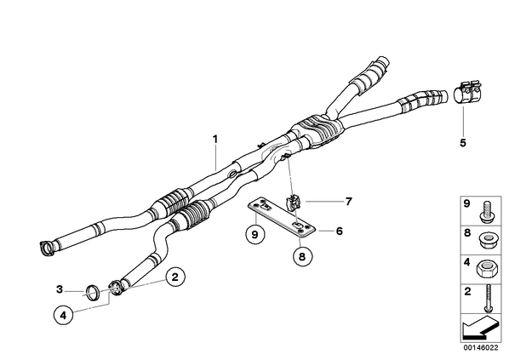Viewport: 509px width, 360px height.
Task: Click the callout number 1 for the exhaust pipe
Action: (x=214, y=140)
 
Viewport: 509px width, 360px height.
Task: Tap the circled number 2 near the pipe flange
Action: (x=175, y=277)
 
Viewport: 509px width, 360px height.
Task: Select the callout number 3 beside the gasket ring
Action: (x=59, y=289)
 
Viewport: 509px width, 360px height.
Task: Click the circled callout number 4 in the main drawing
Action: (x=63, y=315)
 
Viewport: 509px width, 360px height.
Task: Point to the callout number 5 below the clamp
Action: (x=463, y=142)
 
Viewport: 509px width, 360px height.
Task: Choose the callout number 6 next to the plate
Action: (x=340, y=231)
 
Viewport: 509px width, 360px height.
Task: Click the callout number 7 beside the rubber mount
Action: (x=349, y=202)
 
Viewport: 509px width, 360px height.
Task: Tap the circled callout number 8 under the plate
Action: (x=302, y=257)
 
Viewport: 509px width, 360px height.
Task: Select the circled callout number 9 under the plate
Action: (x=254, y=234)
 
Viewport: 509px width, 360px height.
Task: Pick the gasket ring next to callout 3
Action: (x=93, y=293)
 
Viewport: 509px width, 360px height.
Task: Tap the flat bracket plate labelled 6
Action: (x=282, y=218)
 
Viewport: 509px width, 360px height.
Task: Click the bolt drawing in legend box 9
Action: (x=486, y=212)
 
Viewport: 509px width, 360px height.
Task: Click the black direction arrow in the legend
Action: (x=479, y=328)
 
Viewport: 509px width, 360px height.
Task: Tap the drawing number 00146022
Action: (x=481, y=348)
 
